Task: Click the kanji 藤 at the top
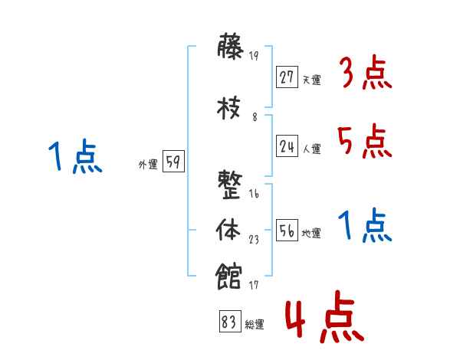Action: [231, 50]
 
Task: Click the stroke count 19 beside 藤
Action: [254, 56]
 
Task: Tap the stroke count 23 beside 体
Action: [254, 239]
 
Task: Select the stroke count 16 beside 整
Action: [254, 194]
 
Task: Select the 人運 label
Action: [312, 149]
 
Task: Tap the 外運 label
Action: [148, 165]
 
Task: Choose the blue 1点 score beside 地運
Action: [365, 227]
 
